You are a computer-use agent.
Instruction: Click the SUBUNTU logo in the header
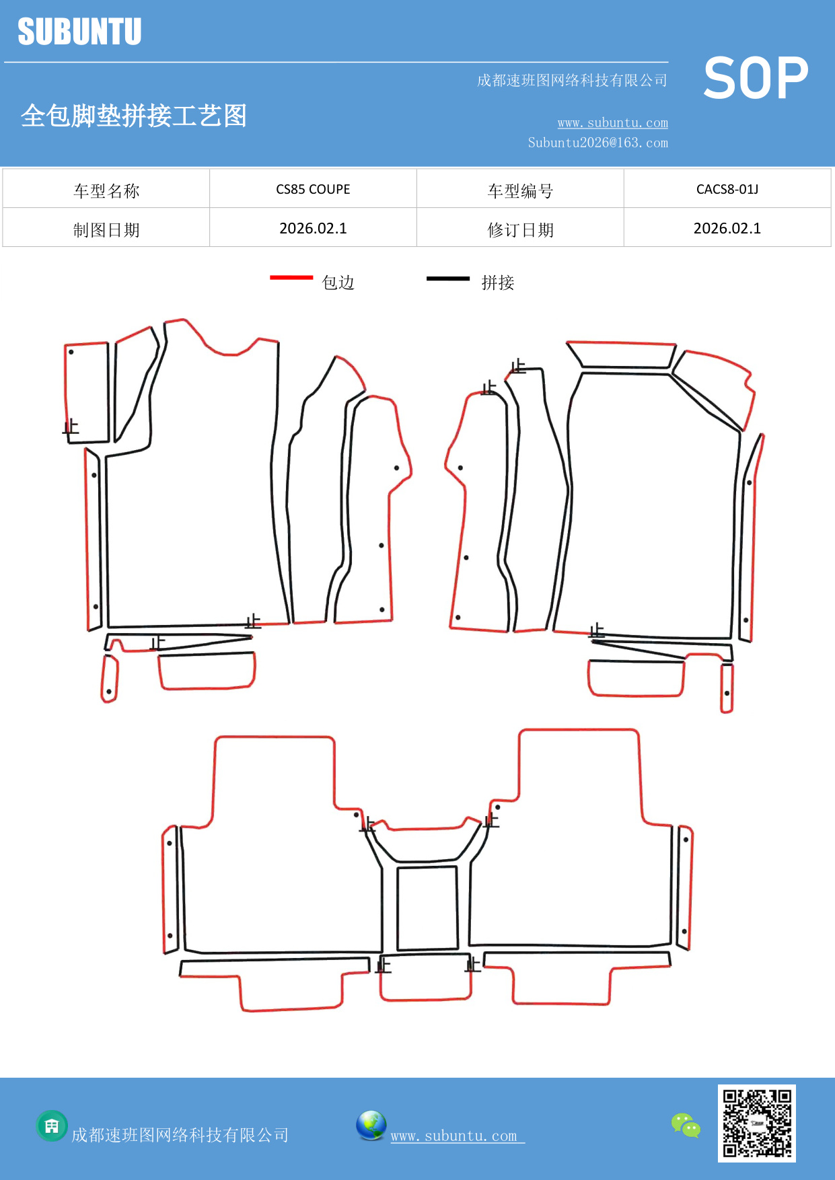tap(79, 32)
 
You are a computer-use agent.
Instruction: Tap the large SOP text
tap(756, 79)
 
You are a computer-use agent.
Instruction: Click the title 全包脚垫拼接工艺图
tap(134, 116)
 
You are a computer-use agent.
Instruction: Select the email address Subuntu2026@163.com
tap(597, 143)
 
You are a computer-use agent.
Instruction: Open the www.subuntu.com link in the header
tap(612, 123)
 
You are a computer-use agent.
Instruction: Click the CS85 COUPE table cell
tap(313, 189)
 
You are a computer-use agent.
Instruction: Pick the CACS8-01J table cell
tap(727, 189)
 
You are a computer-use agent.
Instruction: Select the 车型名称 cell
tap(106, 190)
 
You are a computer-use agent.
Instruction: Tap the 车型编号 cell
tap(520, 190)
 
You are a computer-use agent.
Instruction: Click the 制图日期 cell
tap(106, 229)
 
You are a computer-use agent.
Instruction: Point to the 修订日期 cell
tap(520, 229)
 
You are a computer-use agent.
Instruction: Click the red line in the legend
tap(291, 277)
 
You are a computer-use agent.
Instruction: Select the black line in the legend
tap(448, 278)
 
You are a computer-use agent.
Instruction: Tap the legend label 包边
tap(338, 283)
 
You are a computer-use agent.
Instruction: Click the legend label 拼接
tap(498, 283)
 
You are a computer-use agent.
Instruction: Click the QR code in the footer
tap(757, 1123)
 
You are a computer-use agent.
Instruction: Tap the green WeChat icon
tap(686, 1126)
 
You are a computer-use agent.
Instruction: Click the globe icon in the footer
tap(371, 1126)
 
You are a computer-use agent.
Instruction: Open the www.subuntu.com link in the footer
tap(454, 1136)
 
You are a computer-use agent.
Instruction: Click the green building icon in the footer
tap(52, 1126)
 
